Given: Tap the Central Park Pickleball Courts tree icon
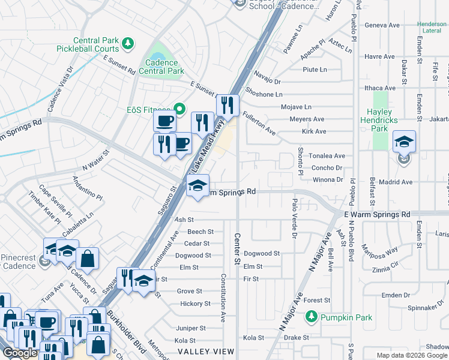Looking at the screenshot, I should pos(127,43).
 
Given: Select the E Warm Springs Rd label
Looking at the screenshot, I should pos(377,214).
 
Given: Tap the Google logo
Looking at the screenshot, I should pos(20,353).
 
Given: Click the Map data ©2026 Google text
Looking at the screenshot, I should pos(412,355).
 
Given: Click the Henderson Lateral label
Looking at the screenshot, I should pos(432,28).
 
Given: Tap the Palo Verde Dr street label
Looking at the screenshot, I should pos(294,218).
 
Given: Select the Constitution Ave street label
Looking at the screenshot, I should pos(223,298).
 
